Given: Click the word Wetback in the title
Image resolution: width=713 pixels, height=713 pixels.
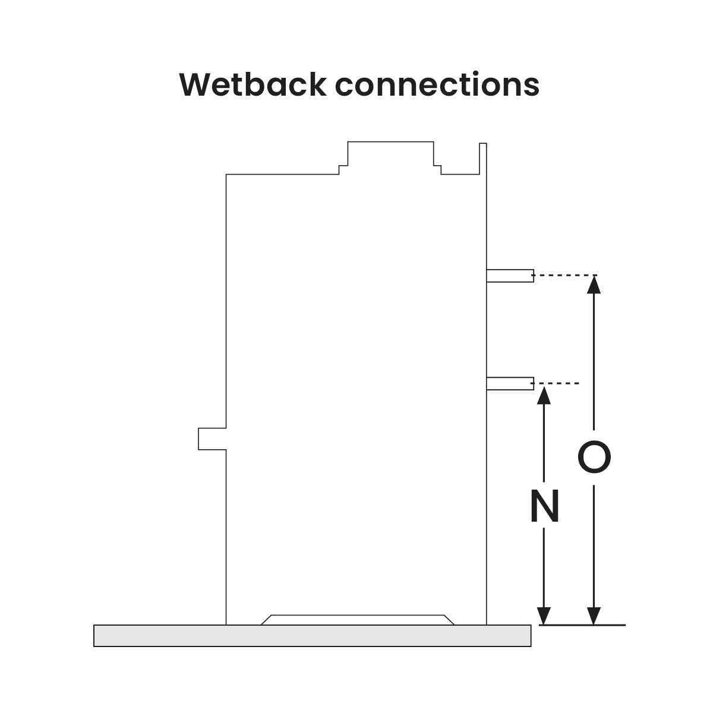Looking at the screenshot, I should (253, 84).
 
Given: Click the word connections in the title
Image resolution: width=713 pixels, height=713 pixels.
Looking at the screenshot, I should (437, 84).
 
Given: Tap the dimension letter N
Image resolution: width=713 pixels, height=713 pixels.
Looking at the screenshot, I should (545, 507).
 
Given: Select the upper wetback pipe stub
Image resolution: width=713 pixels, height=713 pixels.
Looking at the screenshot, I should (510, 275).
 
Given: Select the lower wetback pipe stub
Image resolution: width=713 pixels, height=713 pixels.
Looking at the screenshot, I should (510, 384).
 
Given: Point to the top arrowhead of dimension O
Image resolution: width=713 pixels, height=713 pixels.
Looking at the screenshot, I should (594, 285).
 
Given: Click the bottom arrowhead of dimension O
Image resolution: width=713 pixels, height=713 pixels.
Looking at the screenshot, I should (594, 616).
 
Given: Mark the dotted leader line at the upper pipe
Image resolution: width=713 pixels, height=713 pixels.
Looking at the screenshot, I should (564, 275).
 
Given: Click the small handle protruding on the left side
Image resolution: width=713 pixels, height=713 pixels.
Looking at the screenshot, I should (212, 438).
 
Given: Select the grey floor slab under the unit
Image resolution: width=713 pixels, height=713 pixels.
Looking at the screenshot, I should (312, 636).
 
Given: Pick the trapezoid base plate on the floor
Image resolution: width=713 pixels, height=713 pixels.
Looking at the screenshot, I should (357, 620).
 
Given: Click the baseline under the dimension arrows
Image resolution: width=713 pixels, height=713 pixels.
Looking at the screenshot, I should (582, 625).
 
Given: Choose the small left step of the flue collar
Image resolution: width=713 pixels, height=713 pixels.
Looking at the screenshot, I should (343, 169).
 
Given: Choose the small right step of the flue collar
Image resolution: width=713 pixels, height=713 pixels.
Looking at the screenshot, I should (438, 169).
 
